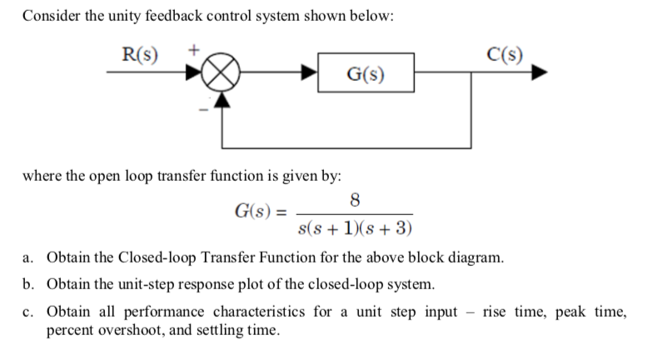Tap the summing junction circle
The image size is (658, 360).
coord(223,72)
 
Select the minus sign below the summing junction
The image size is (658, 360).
coord(197,108)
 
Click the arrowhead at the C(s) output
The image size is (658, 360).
coord(541,72)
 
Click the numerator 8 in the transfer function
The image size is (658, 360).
coord(356,200)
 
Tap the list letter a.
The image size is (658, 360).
coord(27,257)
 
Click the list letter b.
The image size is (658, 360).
coord(27,284)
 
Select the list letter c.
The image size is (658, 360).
coord(27,312)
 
